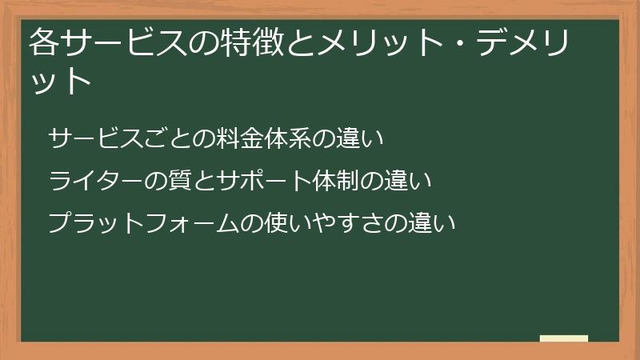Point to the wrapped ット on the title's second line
[62, 81]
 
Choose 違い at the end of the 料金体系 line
[365, 139]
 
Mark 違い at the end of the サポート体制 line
[412, 181]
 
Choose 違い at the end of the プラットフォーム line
[436, 222]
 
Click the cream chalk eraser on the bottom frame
[564, 338]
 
